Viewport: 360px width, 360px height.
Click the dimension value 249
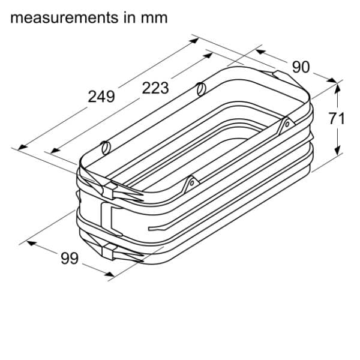(x=101, y=97)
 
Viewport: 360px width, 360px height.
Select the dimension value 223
(x=155, y=88)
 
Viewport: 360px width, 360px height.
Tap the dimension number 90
(x=301, y=67)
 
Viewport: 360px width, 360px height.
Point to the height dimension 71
(x=337, y=118)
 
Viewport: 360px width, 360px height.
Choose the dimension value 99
(x=70, y=258)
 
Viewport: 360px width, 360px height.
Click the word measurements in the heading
(x=64, y=18)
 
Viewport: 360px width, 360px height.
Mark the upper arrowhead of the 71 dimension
(x=337, y=89)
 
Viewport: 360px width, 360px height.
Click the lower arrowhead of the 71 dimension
(x=337, y=151)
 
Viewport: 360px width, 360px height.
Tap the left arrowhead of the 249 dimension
(x=22, y=148)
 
